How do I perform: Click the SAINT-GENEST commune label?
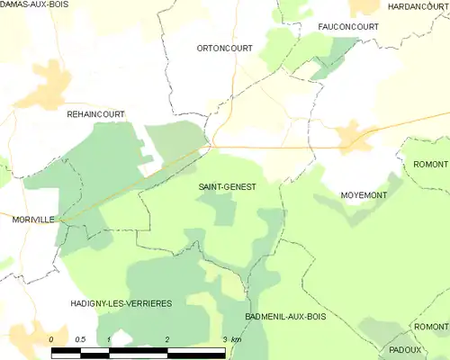click(227, 186)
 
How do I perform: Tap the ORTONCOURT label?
click(224, 48)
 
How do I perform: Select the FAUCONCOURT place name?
click(348, 27)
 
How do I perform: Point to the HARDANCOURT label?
click(418, 6)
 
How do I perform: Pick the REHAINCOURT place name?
click(95, 114)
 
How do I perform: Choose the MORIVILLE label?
click(33, 219)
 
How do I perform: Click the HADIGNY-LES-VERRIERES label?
click(120, 304)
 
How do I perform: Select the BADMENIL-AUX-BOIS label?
click(285, 318)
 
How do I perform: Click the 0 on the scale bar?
click(51, 338)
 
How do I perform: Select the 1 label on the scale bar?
click(109, 338)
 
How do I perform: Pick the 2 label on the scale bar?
click(167, 338)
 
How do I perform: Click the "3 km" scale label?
click(230, 338)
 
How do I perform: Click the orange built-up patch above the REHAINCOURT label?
click(45, 85)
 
